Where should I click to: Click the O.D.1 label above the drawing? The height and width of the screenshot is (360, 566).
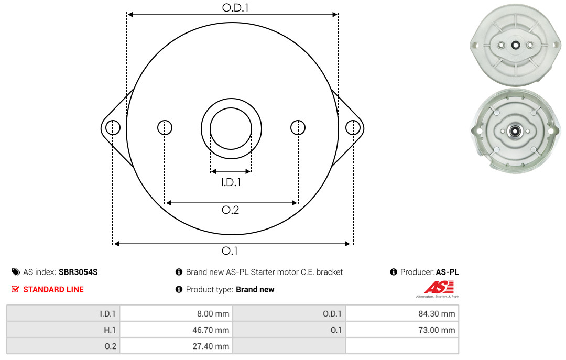(235, 7)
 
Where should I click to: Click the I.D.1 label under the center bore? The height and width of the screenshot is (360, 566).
(231, 182)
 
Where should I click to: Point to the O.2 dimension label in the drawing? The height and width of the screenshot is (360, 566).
(230, 210)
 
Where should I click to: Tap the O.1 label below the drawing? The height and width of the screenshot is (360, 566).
(230, 250)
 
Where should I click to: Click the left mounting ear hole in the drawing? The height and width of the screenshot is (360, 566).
(113, 127)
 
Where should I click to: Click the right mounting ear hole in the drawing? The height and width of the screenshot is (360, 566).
(353, 127)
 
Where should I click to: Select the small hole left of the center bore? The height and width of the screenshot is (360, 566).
(165, 127)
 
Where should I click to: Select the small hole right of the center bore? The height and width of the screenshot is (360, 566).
(298, 127)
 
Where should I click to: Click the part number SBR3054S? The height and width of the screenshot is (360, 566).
(78, 272)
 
